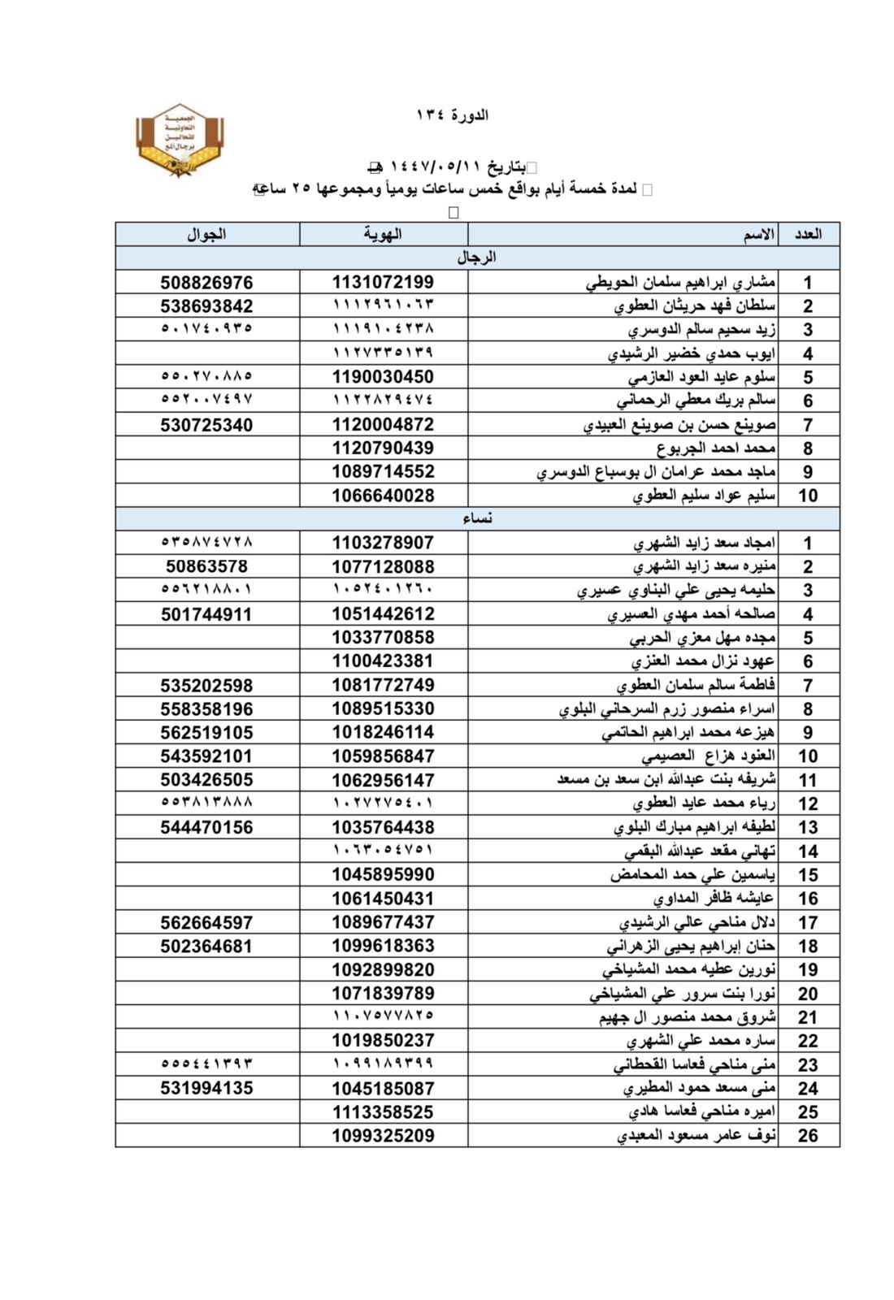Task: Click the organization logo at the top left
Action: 180,140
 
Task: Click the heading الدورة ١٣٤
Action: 452,115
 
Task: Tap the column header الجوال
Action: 206,234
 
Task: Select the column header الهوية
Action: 383,234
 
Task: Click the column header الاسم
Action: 758,234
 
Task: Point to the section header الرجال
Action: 477,258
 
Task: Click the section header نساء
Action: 477,518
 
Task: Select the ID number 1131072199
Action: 383,282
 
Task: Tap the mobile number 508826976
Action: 206,282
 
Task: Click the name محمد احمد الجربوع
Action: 716,448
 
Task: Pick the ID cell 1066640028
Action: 383,495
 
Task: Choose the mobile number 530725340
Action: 206,424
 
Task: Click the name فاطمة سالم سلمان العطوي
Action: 696,685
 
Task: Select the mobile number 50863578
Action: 206,566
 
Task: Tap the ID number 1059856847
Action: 383,756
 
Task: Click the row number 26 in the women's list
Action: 808,1135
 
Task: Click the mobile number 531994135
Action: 206,1088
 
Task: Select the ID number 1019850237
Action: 383,1040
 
